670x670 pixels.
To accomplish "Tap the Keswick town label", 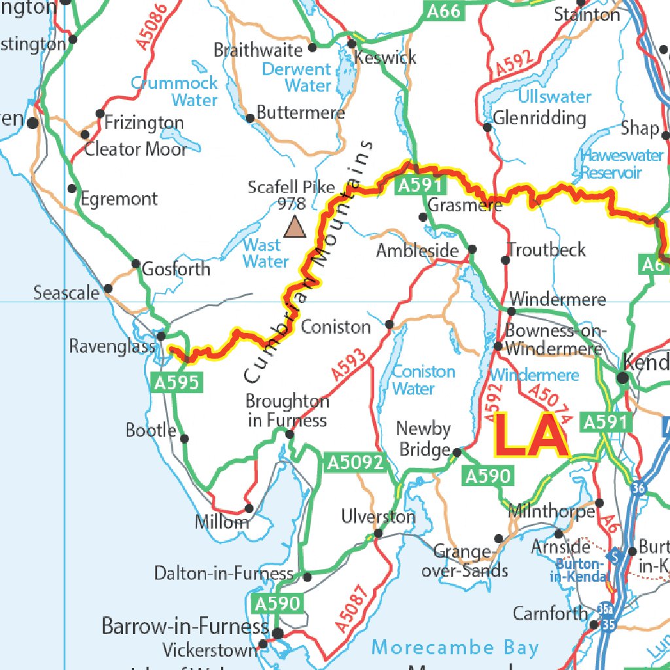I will coord(385,58).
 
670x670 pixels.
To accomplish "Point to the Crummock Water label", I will coord(174,92).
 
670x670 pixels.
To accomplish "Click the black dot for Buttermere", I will coord(250,118).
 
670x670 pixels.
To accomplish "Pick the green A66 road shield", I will coord(444,11).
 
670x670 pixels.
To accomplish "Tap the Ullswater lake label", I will coord(554,97).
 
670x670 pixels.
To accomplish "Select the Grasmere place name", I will coord(465,205).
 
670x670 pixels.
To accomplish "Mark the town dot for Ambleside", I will coord(472,249).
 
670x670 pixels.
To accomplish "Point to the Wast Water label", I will coord(266,254).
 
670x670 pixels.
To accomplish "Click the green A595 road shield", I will coord(175,383).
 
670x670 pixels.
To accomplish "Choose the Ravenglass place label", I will coord(112,346).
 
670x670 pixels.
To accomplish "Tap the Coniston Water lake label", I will coord(423,380).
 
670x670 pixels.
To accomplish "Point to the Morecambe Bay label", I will coord(455,648).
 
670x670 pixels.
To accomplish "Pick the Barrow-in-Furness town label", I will coord(185,626).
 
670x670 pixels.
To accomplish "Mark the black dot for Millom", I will coord(249,508).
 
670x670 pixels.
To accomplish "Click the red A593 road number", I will coord(349,364).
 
